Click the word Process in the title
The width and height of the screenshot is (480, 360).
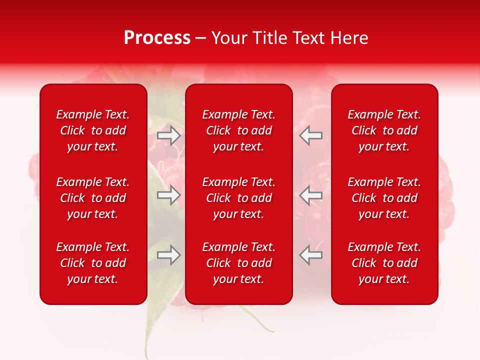coord(157,38)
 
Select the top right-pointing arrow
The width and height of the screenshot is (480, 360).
coord(169,135)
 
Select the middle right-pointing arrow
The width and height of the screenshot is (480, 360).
coord(169,195)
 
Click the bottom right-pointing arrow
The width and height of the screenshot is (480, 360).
coord(169,255)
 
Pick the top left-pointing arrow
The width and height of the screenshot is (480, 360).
coord(310,135)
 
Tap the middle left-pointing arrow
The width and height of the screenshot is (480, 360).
coord(310,195)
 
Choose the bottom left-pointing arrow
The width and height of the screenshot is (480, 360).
coord(310,255)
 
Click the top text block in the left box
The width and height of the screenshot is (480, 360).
coord(93,130)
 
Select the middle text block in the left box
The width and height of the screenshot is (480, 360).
coord(93,198)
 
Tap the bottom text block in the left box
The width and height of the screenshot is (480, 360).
coord(93,263)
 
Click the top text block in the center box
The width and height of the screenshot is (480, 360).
coord(238,130)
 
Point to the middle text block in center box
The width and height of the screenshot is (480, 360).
coord(238,198)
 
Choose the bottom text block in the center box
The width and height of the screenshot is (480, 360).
coord(238,263)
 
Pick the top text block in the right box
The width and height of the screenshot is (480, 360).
coord(384,130)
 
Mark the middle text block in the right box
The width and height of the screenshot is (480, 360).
coord(384,198)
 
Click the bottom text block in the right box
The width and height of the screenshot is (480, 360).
coord(384,263)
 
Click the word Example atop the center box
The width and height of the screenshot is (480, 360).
coord(222,114)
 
